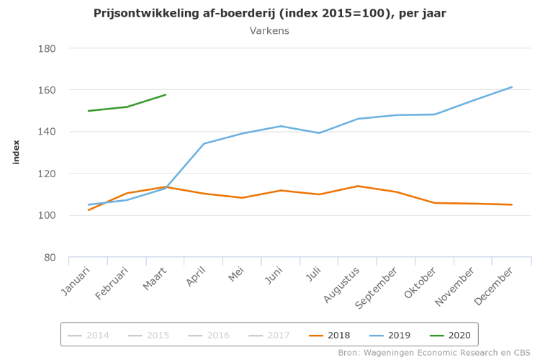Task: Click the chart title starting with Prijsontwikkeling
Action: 270,14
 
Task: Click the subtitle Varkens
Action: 269,31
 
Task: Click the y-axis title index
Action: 16,152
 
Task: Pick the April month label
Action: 197,277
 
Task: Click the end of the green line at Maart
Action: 166,94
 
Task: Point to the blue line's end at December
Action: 512,87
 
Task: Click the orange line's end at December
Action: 512,204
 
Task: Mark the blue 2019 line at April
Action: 204,143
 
